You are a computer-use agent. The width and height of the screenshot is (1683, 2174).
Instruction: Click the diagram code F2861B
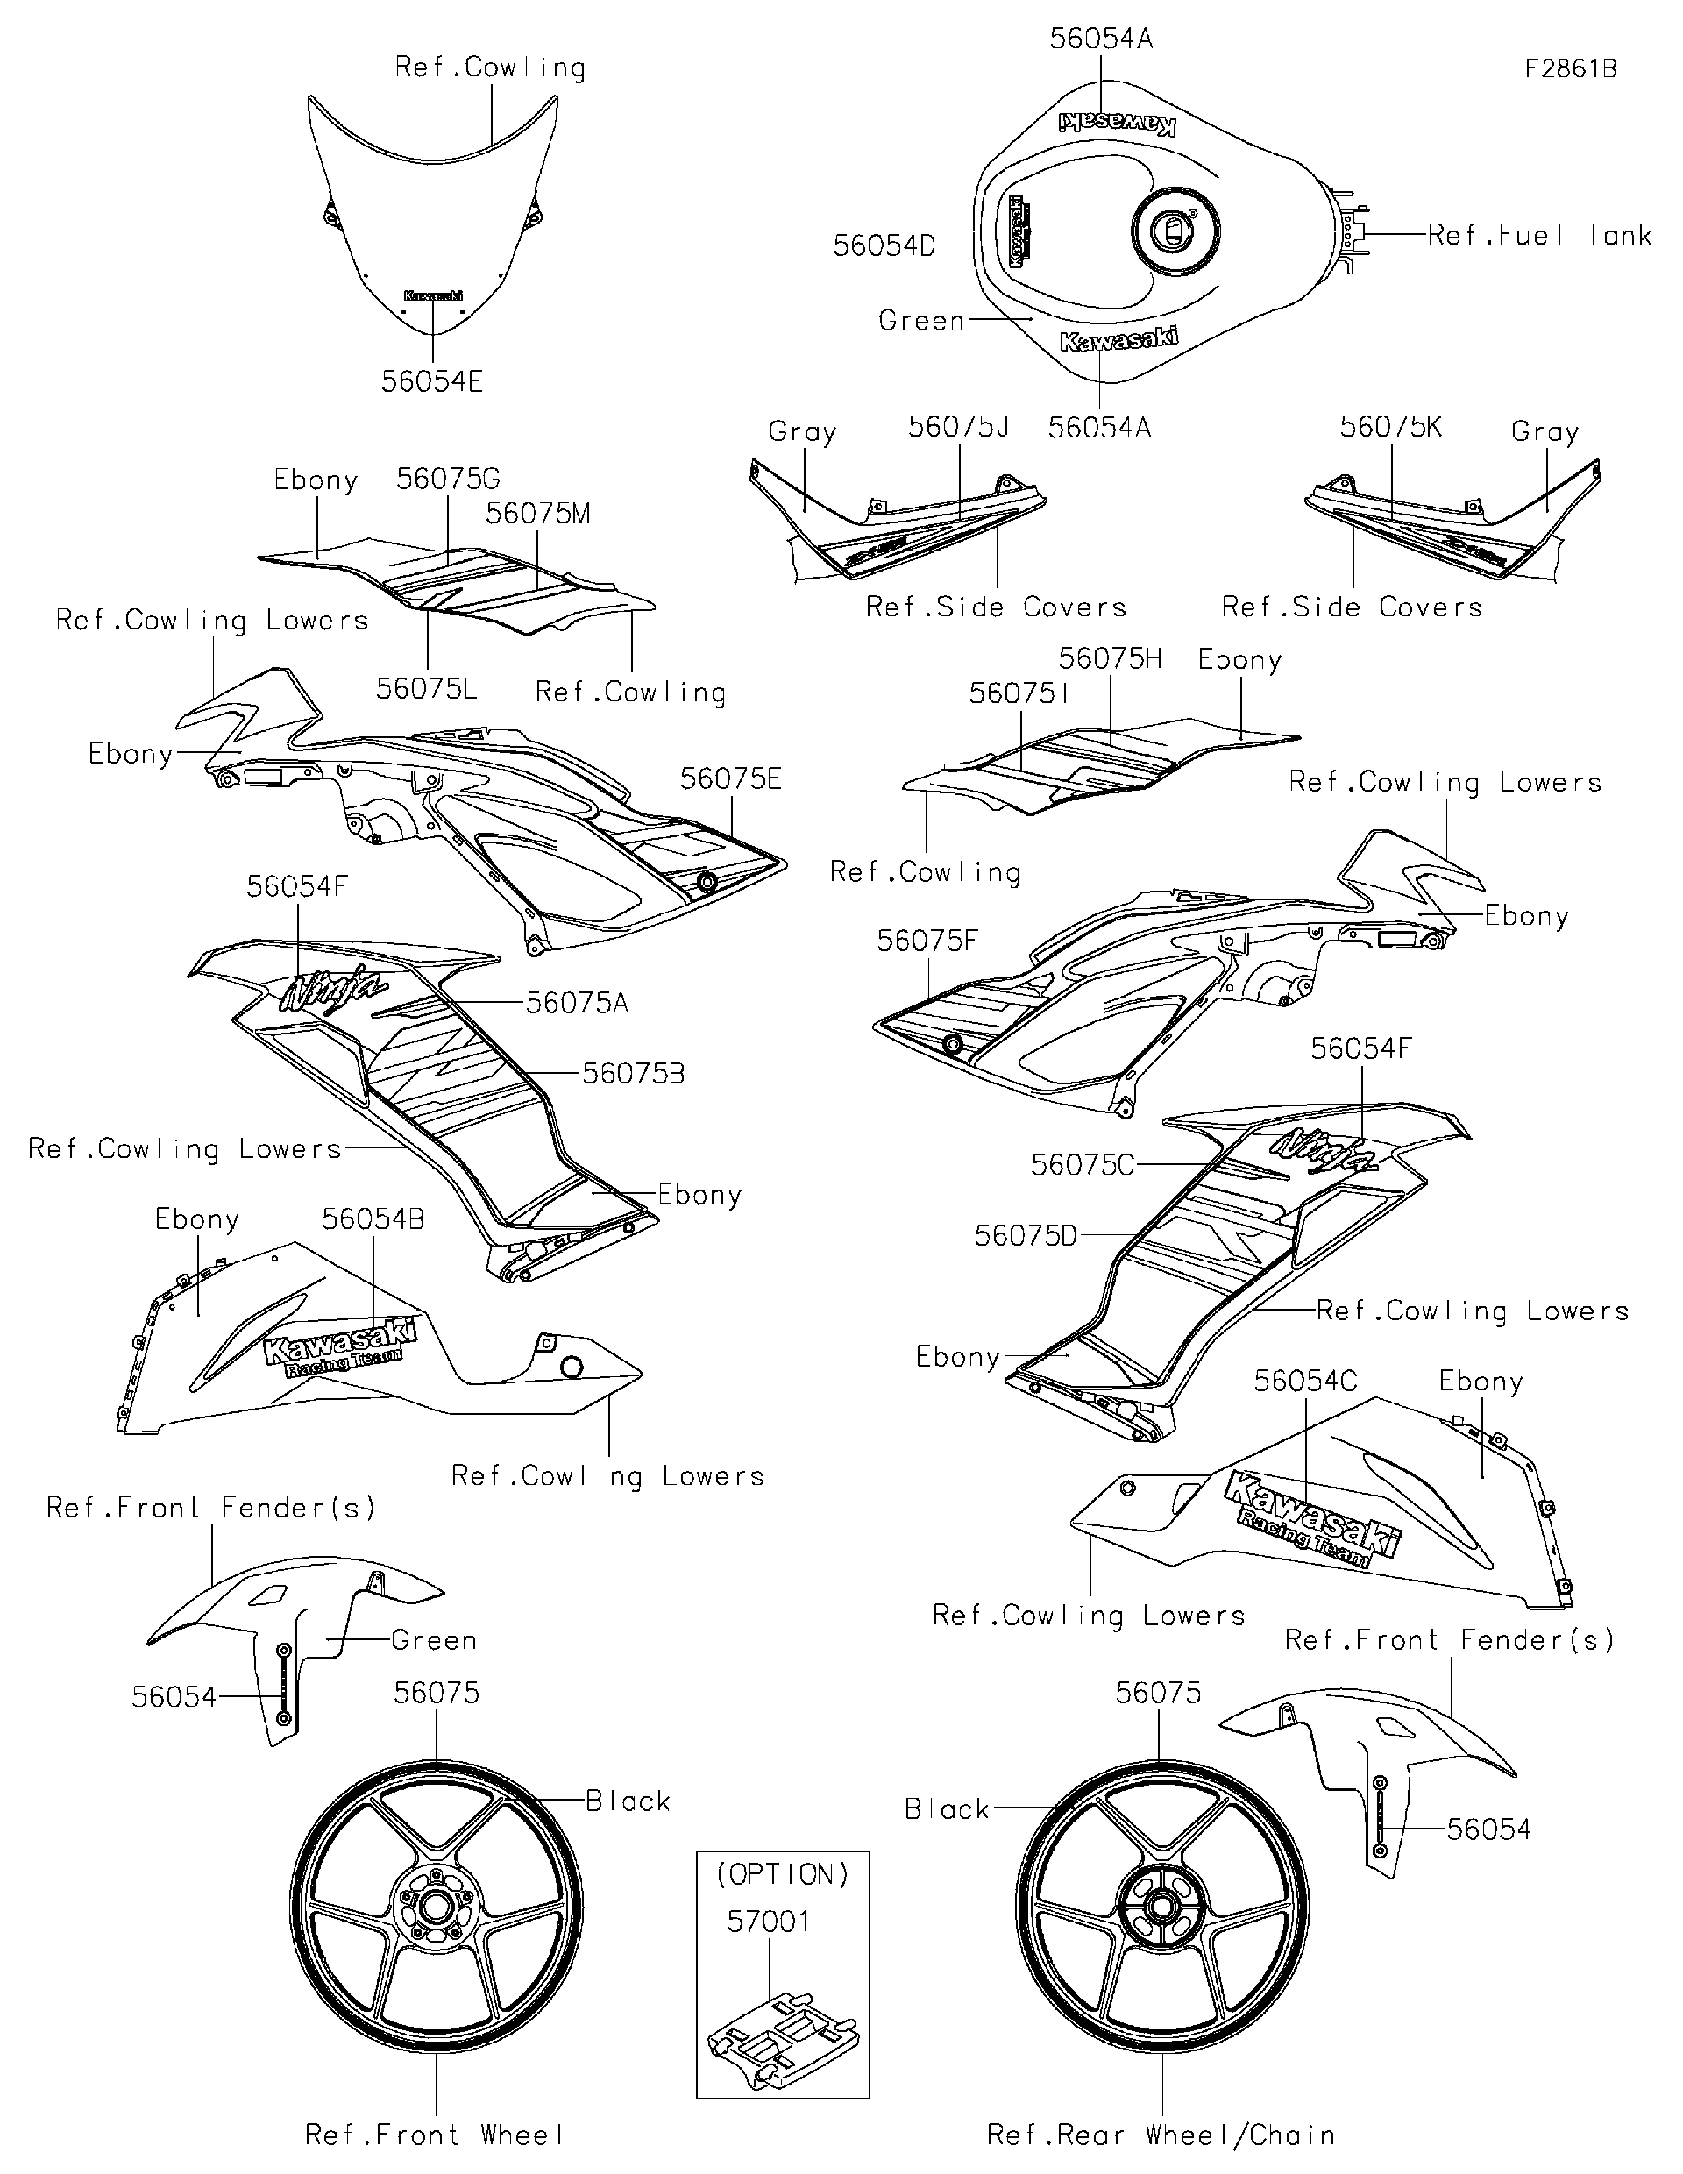(x=1571, y=68)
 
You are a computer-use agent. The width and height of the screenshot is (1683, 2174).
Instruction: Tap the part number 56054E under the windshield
(x=432, y=381)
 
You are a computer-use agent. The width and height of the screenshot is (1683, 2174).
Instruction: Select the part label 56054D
(x=884, y=245)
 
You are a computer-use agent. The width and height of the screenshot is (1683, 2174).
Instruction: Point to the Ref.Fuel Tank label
(x=1539, y=236)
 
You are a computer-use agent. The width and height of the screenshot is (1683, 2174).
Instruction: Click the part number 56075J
(x=957, y=427)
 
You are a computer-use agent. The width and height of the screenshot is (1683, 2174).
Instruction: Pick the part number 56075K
(x=1389, y=427)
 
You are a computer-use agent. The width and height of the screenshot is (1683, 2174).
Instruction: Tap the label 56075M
(x=537, y=514)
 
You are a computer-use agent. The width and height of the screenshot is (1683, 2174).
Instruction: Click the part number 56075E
(x=730, y=779)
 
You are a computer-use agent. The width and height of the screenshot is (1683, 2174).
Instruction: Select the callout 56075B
(x=633, y=1074)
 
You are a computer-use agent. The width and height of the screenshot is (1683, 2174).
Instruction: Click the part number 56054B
(x=373, y=1219)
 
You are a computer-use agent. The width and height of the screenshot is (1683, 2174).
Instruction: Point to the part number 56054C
(x=1305, y=1381)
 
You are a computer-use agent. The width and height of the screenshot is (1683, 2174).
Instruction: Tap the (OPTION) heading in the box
(x=782, y=1874)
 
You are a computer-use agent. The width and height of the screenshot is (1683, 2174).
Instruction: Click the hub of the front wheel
(x=435, y=1908)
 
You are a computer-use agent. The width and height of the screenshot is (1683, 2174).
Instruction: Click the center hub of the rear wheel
(x=1161, y=1908)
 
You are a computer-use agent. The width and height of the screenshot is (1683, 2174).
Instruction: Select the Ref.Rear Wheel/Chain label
(x=1161, y=2135)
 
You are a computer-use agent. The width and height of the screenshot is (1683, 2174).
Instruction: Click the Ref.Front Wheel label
(x=435, y=2135)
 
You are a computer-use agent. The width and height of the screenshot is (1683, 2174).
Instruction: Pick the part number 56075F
(x=927, y=941)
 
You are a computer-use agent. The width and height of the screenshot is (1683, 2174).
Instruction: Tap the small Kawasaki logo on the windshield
(x=433, y=295)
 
